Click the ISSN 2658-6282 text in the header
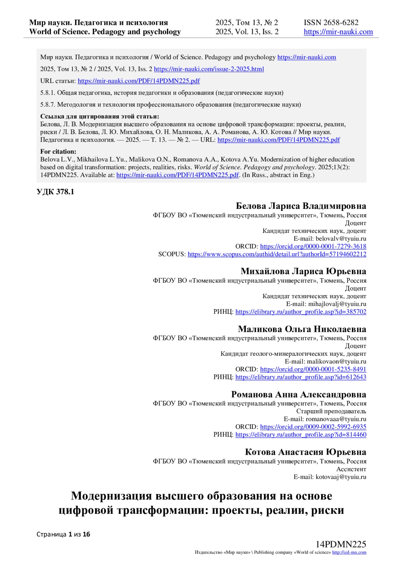pyautogui.click(x=331, y=23)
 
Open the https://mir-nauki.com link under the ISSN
pyautogui.click(x=338, y=32)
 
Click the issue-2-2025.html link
pyautogui.click(x=209, y=69)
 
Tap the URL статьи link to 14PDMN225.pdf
pyautogui.click(x=139, y=81)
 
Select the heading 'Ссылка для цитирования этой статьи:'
pyautogui.click(x=99, y=117)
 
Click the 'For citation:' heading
pyautogui.click(x=58, y=151)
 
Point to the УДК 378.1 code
pyautogui.click(x=55, y=192)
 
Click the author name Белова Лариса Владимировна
pyautogui.click(x=301, y=206)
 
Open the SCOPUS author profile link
pyautogui.click(x=277, y=254)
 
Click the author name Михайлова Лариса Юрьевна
pyautogui.click(x=303, y=271)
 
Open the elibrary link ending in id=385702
pyautogui.click(x=301, y=312)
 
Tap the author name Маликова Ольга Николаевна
pyautogui.click(x=302, y=329)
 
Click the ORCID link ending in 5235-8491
pyautogui.click(x=313, y=369)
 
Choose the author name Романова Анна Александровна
pyautogui.click(x=299, y=394)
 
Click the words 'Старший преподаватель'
pyautogui.click(x=331, y=411)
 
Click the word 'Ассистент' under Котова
pyautogui.click(x=351, y=469)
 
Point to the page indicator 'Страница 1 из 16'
pyautogui.click(x=63, y=534)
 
